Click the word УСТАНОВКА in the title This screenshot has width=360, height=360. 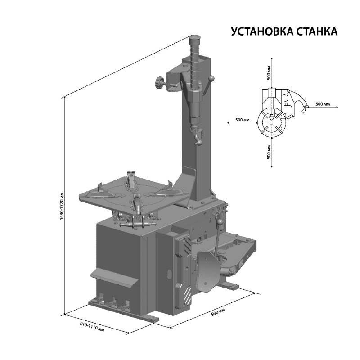[x=262, y=31]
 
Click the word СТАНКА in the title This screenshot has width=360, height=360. [x=317, y=31]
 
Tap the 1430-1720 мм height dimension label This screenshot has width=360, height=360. [x=61, y=206]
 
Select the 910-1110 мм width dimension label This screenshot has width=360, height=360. [x=92, y=326]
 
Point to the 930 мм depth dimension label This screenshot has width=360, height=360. [x=218, y=312]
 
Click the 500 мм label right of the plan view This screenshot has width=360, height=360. [x=323, y=104]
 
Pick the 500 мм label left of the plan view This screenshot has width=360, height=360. [x=243, y=120]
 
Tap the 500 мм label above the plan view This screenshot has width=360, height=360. [x=269, y=73]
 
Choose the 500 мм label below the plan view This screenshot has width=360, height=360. [x=269, y=152]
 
